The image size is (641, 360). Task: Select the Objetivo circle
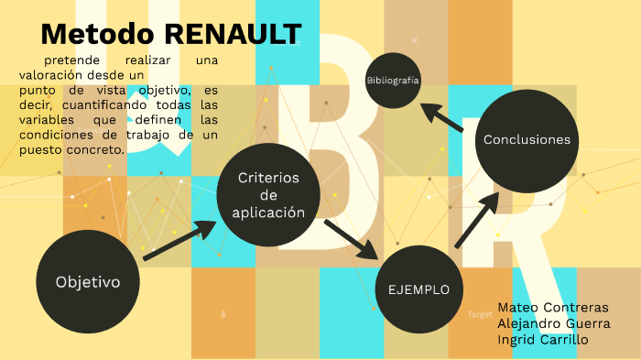[88, 281]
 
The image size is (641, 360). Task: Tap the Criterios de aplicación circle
[268, 194]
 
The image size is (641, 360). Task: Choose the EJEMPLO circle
[418, 289]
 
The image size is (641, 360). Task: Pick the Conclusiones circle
[527, 140]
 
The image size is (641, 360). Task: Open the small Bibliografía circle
[393, 81]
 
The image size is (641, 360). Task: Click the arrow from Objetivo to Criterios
[178, 241]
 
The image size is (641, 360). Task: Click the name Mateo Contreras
[552, 307]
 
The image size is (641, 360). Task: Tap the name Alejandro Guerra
[553, 323]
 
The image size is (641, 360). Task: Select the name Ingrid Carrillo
[543, 340]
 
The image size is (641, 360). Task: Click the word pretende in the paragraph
[71, 60]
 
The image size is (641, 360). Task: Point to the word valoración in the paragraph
[51, 74]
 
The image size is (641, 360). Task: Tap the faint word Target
[480, 314]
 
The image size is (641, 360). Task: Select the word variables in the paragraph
[45, 119]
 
